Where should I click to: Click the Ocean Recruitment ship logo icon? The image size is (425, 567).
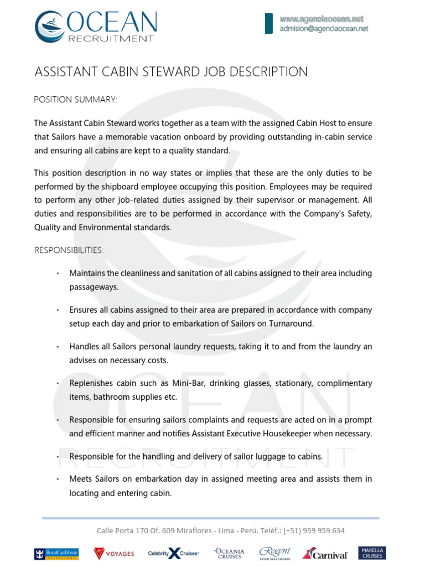(49, 27)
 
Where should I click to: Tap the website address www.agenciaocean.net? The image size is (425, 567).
(322, 19)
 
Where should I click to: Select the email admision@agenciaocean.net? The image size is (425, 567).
(324, 29)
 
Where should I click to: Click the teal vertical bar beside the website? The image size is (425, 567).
(269, 23)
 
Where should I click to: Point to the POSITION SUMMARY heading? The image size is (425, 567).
(76, 100)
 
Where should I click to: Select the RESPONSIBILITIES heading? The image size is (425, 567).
(69, 250)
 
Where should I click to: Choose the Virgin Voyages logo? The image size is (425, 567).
(113, 553)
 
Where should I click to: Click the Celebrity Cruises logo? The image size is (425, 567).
(173, 553)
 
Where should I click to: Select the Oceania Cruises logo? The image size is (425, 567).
(229, 553)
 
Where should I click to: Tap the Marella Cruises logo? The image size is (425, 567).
(372, 553)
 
